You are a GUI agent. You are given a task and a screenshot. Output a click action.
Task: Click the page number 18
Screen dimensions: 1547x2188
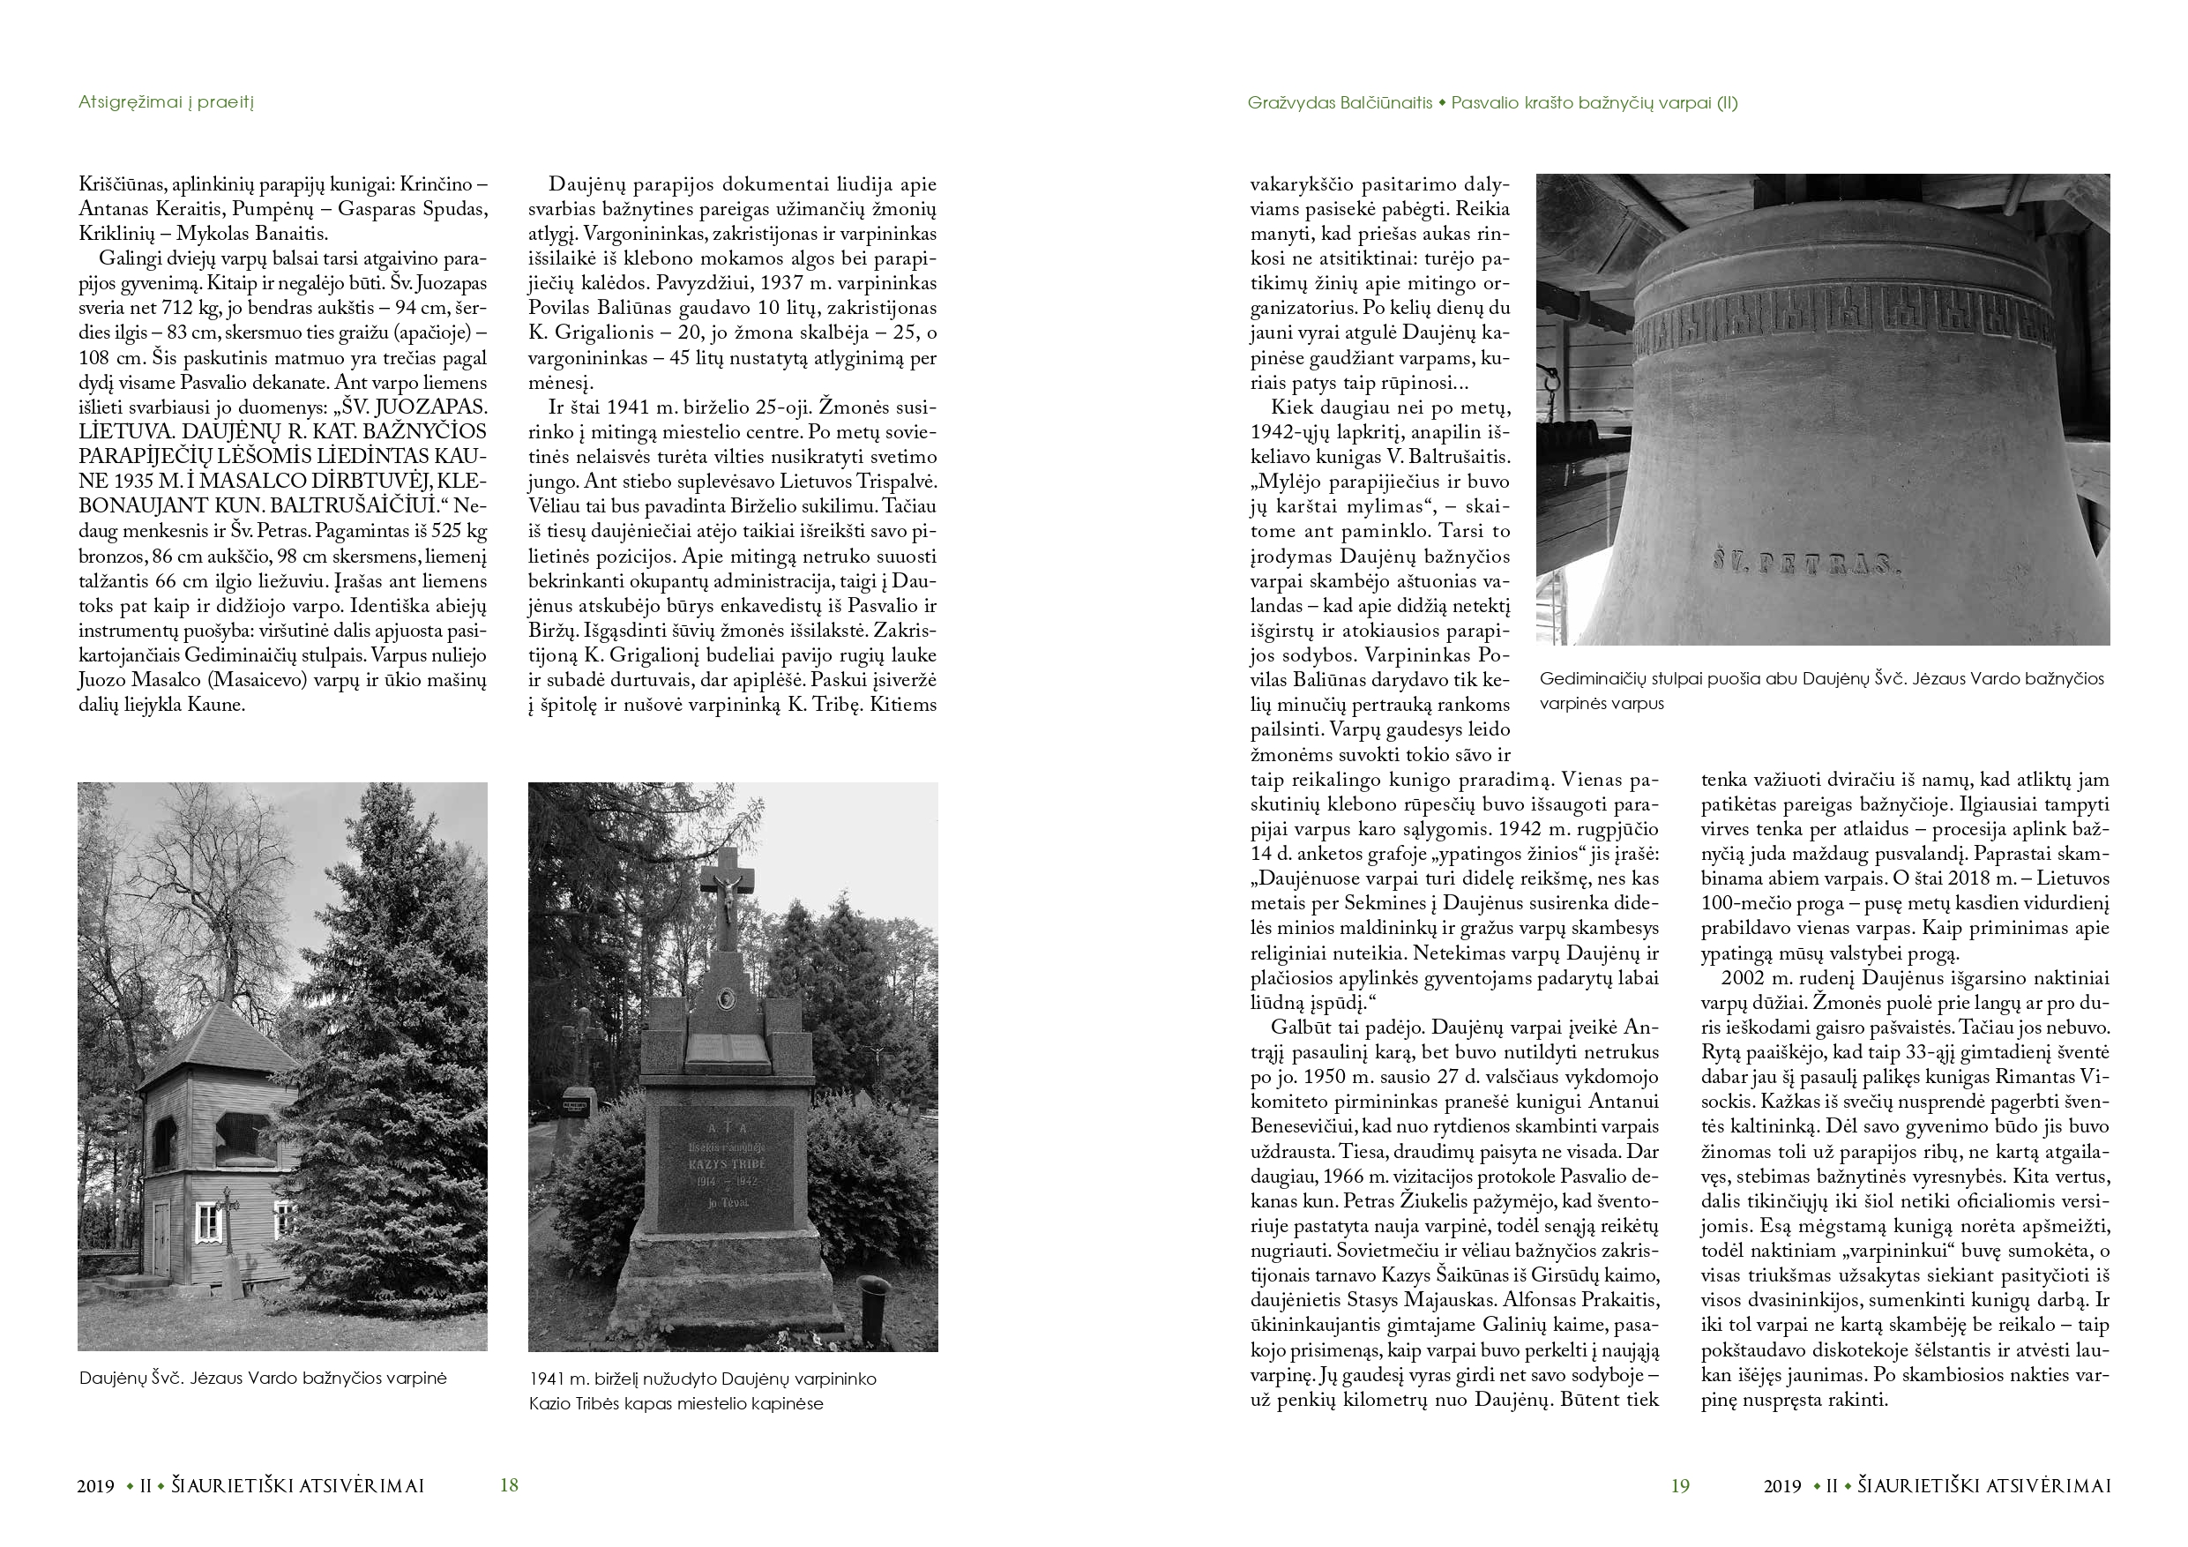tap(509, 1485)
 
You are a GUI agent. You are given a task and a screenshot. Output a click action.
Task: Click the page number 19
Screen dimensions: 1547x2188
tap(1680, 1485)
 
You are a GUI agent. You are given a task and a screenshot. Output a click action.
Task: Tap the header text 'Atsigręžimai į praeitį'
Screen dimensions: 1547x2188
tap(166, 102)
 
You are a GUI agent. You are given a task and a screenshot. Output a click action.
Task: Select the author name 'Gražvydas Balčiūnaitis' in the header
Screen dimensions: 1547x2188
tap(1339, 103)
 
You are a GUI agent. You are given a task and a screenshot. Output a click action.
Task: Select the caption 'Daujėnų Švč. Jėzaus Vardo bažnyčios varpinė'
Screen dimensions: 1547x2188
tap(263, 1379)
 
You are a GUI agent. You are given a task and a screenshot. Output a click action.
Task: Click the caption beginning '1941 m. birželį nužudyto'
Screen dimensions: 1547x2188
tap(702, 1379)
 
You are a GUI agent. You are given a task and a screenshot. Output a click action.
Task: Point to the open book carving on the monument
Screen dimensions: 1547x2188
tap(727, 1049)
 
